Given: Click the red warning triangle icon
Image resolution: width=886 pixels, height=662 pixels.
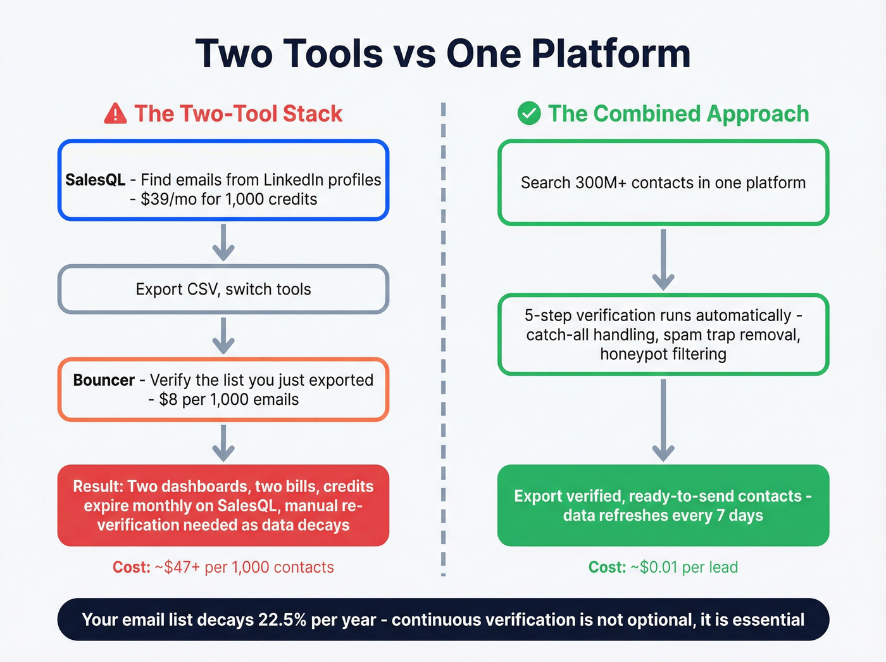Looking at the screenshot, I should pos(115,114).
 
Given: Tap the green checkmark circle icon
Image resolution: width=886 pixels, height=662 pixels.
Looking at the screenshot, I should pos(529,114).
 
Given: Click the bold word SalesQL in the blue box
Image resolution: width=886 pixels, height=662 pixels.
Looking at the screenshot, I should pos(95,180).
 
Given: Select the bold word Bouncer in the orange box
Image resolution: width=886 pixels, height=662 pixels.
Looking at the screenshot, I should pos(104,380).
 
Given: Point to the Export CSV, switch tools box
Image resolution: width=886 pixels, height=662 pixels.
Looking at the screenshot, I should pos(223,290).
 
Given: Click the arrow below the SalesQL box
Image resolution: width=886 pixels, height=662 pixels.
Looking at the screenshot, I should pos(223,243).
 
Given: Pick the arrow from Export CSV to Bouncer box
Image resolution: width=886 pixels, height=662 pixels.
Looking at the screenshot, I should pos(223,336).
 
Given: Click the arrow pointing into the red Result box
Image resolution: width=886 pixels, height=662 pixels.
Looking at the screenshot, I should pos(223,443).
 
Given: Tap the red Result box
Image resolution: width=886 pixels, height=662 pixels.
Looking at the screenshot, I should pos(223,506).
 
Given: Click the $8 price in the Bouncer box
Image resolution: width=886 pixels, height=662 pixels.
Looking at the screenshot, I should pos(168,400).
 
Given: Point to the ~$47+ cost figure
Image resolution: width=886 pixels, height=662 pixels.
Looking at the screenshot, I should pos(177,568).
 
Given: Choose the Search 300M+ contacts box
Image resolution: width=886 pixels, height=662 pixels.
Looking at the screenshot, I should pos(663,183).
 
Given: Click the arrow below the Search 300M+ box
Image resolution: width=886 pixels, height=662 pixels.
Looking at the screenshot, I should pos(663,260).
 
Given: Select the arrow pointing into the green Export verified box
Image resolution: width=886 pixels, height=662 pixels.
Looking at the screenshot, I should pos(663,420).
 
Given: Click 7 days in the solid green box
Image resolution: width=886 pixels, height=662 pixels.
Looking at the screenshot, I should pos(740,516).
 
